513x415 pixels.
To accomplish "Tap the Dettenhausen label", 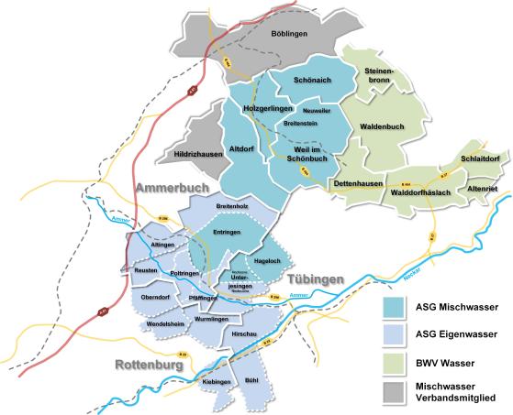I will (x=358, y=184).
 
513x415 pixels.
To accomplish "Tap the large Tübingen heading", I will (x=315, y=278).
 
